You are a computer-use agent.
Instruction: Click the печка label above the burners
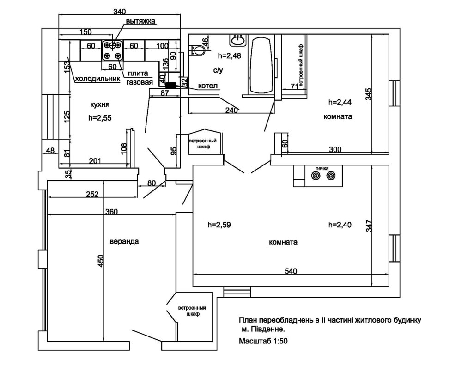coord(322,168)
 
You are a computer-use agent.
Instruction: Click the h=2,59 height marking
coord(219,226)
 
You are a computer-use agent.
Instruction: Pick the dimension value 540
coord(291,271)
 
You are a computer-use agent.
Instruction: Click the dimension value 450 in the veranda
coord(101,261)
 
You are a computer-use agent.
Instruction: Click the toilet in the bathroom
coord(197,49)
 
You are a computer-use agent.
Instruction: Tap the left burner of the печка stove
coord(316,176)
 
